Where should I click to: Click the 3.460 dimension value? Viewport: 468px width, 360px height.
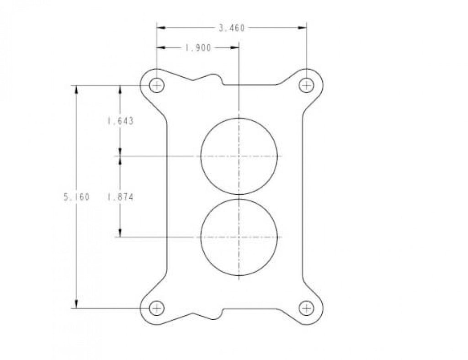point(232,28)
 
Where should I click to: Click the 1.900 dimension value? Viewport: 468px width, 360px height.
point(198,48)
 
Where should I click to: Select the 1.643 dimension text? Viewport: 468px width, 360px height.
point(120,121)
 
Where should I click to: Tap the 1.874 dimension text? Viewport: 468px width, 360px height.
point(120,197)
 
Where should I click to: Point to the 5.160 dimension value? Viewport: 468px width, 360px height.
point(76,197)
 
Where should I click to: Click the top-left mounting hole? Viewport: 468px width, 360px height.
point(157,85)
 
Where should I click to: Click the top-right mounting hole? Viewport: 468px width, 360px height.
point(306,85)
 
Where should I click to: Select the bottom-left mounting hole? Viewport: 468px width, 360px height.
point(157,308)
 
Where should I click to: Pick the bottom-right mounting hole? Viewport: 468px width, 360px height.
point(306,308)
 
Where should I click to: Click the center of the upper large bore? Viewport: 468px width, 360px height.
point(239,157)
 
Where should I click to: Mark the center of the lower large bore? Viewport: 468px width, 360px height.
point(239,237)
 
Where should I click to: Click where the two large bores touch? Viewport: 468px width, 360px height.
point(239,197)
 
